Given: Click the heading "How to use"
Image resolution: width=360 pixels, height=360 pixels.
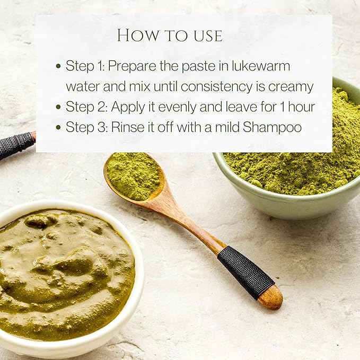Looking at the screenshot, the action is [x=170, y=36].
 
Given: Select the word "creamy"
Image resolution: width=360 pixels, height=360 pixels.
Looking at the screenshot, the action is [x=291, y=87].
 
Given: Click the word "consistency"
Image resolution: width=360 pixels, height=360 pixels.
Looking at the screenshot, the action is [x=216, y=87].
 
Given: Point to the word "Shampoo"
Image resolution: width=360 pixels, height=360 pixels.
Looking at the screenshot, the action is [x=272, y=127].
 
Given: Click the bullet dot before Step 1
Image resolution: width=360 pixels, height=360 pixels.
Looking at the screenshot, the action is [x=58, y=66].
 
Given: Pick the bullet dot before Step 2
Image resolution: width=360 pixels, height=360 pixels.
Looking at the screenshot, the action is [x=58, y=107].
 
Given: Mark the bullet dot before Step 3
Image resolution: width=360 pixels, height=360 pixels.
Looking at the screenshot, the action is [x=58, y=127].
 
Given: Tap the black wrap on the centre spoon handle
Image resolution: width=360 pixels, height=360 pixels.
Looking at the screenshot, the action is [x=246, y=273].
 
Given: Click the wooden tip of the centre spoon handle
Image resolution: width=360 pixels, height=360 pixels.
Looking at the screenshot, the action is [x=271, y=297].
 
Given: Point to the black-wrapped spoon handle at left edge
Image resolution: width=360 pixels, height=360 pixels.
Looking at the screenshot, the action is [x=16, y=145].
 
